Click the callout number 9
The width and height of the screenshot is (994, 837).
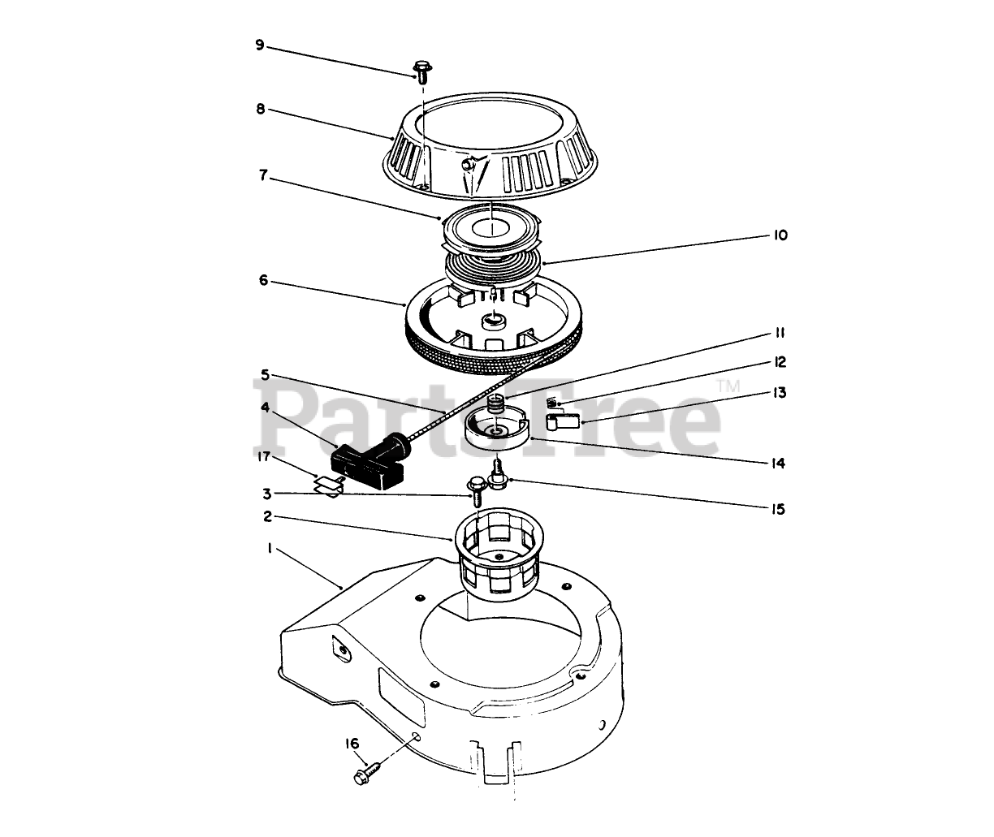click(260, 45)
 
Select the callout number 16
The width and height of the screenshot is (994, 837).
click(352, 743)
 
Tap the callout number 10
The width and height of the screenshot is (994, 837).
click(780, 235)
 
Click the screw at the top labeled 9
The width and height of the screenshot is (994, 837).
click(422, 71)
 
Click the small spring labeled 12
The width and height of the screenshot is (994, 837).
click(553, 403)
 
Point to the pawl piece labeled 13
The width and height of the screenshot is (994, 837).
click(562, 421)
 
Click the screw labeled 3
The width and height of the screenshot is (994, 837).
click(476, 490)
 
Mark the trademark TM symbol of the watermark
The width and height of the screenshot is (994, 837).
click(728, 386)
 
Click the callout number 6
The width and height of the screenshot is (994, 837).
click(263, 280)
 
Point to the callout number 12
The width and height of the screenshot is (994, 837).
click(780, 362)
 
